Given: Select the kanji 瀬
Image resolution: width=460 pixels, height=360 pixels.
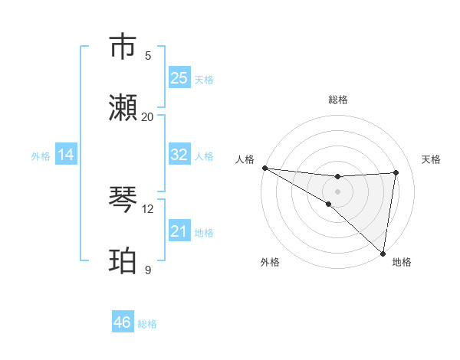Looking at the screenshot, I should click(123, 107).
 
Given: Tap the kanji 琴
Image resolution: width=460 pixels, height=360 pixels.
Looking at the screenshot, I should click(123, 199).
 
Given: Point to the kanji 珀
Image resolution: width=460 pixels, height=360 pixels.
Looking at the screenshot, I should click(123, 260).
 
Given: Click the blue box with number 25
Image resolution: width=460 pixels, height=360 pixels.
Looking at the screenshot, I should click(179, 78).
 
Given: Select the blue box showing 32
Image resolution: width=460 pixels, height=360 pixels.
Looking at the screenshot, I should click(179, 155).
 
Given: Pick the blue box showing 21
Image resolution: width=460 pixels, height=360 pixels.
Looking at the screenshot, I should click(179, 231).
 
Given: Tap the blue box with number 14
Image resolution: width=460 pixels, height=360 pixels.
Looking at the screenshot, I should click(66, 155).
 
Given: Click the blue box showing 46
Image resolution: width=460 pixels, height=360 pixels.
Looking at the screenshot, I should click(122, 322).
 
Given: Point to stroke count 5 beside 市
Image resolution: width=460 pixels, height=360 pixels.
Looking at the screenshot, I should click(148, 55).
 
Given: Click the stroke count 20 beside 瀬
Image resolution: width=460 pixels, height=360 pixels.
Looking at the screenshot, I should click(148, 116).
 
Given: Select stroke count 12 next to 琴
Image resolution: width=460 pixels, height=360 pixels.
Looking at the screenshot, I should click(148, 208).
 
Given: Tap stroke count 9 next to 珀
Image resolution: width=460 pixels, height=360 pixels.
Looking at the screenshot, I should click(148, 270).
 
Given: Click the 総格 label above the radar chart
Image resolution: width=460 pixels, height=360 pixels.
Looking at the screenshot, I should click(338, 100).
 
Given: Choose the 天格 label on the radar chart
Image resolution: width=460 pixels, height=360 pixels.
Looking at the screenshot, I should click(431, 159).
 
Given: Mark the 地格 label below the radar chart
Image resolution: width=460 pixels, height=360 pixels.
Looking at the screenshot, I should click(402, 262).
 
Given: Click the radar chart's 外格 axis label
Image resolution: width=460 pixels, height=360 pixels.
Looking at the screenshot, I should click(270, 262).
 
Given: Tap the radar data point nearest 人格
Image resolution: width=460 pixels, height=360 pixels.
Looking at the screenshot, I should click(264, 168).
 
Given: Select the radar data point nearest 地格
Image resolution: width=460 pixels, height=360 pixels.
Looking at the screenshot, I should click(383, 253).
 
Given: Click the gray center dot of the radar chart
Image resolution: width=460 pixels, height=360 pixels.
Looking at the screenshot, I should click(337, 191).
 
